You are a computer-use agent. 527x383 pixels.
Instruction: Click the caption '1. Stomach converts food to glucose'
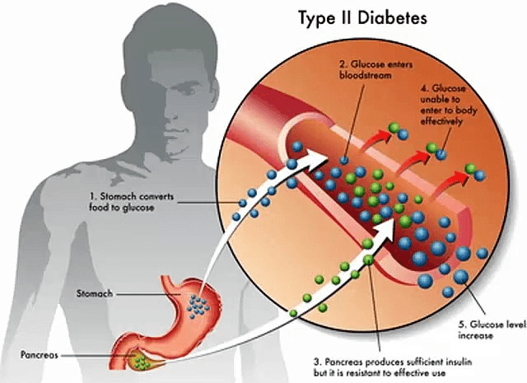click(132, 202)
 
